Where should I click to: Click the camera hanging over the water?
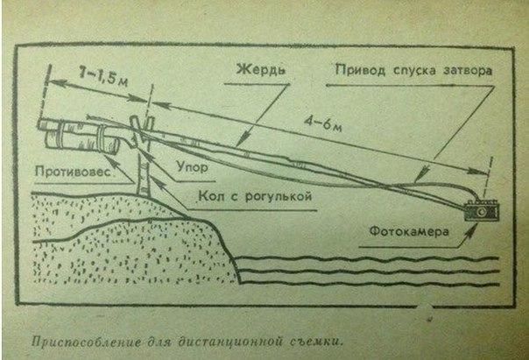tap(482, 211)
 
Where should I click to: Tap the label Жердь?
tap(260, 69)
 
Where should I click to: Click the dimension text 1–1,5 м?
tap(102, 78)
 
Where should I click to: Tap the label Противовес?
tap(74, 172)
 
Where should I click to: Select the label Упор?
tap(193, 167)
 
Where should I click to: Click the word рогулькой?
tap(278, 196)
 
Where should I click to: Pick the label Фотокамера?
tap(409, 232)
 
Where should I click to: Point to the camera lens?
tap(483, 212)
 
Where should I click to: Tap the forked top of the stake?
tap(141, 125)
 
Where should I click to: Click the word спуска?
tap(410, 71)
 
